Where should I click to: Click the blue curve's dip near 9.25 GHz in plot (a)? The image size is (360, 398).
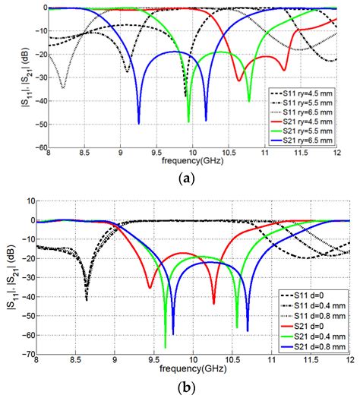tap(139, 122)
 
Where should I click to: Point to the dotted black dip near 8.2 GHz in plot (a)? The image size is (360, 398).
tap(63, 87)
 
